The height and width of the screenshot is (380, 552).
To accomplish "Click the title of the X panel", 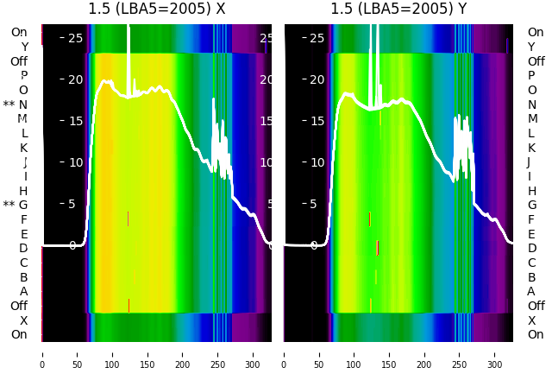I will pyautogui.click(x=157, y=9).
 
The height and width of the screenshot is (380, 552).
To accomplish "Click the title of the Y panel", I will pyautogui.click(x=398, y=9).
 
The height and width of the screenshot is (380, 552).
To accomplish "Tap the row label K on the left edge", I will pyautogui.click(x=24, y=148).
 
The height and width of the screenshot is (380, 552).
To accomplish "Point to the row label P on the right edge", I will pyautogui.click(x=531, y=76).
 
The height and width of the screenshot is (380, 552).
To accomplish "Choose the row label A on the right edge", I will pyautogui.click(x=531, y=292).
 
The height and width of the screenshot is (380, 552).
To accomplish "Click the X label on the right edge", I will pyautogui.click(x=531, y=320).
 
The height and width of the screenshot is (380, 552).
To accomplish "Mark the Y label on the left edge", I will pyautogui.click(x=24, y=47).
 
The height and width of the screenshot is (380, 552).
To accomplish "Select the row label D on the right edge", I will pyautogui.click(x=531, y=249).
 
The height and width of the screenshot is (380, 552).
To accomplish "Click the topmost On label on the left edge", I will pyautogui.click(x=19, y=32).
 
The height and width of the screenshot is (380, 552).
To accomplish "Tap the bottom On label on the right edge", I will pyautogui.click(x=536, y=334).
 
